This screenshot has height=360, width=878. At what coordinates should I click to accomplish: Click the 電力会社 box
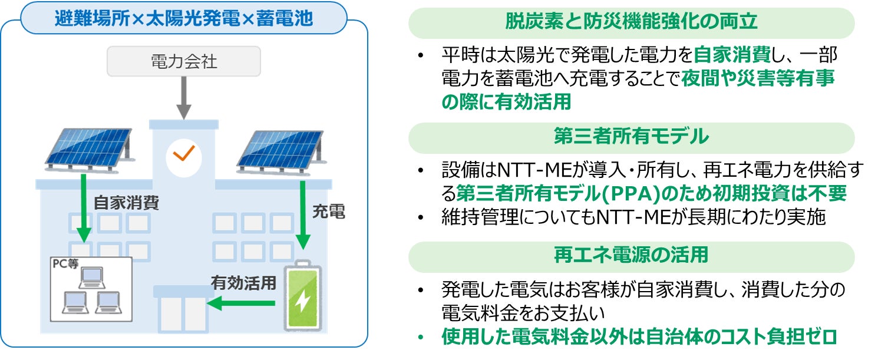point(184,61)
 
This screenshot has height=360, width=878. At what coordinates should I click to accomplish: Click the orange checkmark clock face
point(183,155)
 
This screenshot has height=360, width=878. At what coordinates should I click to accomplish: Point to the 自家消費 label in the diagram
point(126,204)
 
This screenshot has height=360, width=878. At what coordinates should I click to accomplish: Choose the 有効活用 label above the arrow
point(243,283)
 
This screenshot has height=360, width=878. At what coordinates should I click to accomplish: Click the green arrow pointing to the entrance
point(242,303)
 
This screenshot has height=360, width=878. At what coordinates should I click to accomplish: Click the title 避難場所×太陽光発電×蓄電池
point(183,19)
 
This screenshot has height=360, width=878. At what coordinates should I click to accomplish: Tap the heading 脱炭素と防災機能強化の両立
point(631,22)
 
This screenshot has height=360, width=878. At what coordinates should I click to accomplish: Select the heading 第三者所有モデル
point(631,137)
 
